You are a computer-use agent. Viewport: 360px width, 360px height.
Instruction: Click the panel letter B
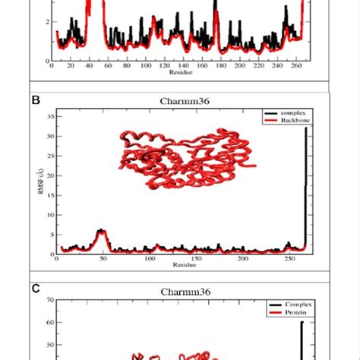[x=34, y=99]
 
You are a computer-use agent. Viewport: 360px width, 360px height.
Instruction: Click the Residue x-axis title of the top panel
[x=182, y=73]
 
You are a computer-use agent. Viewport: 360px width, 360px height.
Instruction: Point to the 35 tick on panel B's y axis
[x=49, y=117]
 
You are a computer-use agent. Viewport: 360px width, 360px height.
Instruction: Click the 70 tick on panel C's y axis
[x=49, y=300]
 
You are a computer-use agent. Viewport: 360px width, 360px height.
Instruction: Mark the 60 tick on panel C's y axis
[x=49, y=322]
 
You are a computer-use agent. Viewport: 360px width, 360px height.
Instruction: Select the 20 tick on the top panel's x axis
[x=71, y=67]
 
